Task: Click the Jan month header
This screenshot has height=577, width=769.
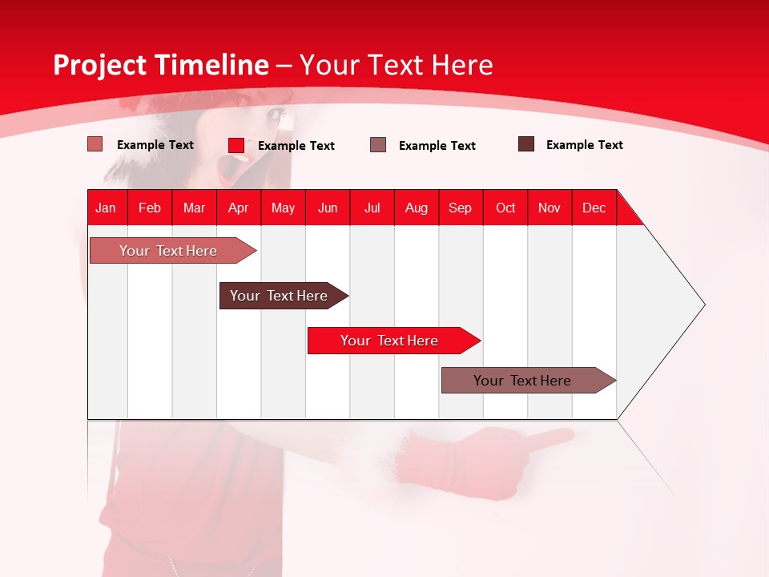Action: (107, 208)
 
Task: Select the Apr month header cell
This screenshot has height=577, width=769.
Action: (239, 208)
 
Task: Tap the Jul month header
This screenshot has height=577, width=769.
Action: (372, 208)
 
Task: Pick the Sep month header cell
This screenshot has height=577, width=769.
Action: (461, 208)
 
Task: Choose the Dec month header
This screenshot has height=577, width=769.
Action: (594, 208)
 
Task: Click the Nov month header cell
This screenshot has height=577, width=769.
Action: (550, 208)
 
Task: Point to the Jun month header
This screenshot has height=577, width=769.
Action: (328, 208)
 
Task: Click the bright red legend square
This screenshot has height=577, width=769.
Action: (236, 145)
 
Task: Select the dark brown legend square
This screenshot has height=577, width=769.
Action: (526, 144)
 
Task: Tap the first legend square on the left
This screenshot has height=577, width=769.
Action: (95, 144)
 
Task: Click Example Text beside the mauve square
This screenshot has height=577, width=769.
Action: (437, 146)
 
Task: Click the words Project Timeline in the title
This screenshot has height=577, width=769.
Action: (160, 65)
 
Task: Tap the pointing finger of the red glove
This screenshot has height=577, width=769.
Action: (553, 438)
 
